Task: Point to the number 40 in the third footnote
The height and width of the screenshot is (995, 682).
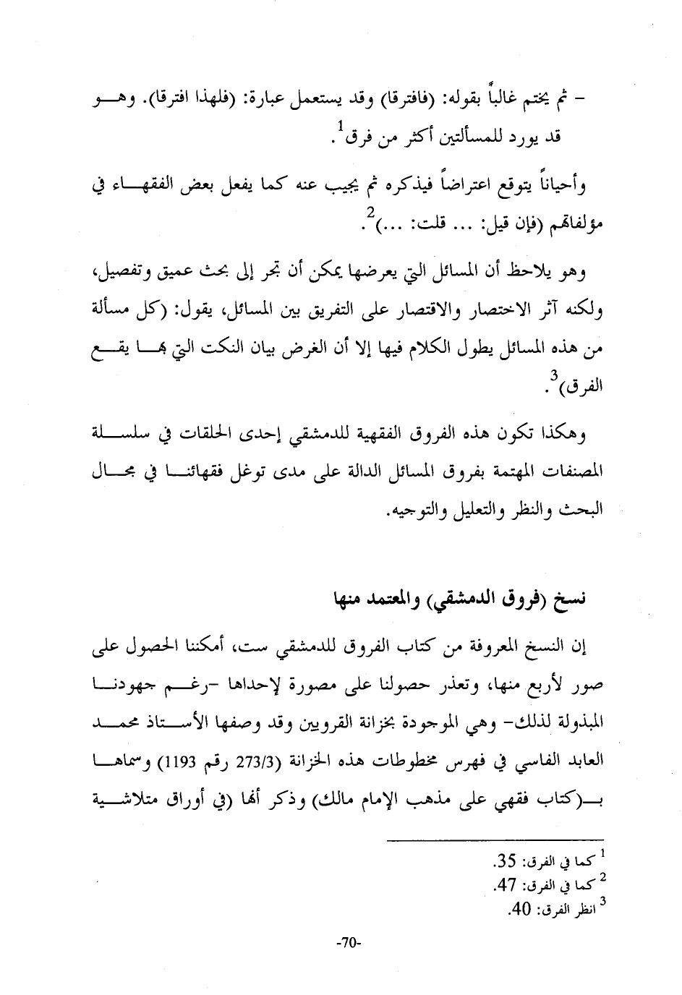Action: (x=521, y=908)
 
